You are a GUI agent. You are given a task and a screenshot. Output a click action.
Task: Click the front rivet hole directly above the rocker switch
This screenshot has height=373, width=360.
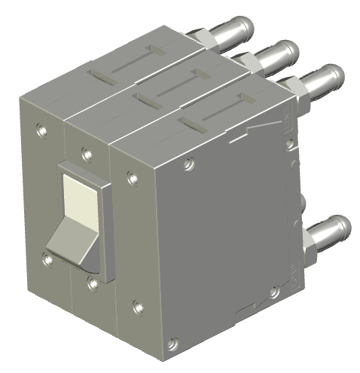pos(87,154)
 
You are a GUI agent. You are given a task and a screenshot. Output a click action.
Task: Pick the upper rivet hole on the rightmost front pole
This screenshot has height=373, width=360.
pos(133,178)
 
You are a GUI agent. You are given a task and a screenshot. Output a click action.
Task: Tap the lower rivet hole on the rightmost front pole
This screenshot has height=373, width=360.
pos(138,307)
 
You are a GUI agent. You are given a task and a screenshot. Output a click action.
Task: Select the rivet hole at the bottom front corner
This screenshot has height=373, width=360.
pos(173,343)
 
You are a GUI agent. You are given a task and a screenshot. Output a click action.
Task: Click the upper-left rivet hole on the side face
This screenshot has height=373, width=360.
pos(189,162)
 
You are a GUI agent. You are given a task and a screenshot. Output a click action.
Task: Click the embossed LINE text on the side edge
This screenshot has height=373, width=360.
pos(288,121)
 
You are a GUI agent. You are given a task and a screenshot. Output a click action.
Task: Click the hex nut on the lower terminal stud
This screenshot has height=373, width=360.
pos(308,245)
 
